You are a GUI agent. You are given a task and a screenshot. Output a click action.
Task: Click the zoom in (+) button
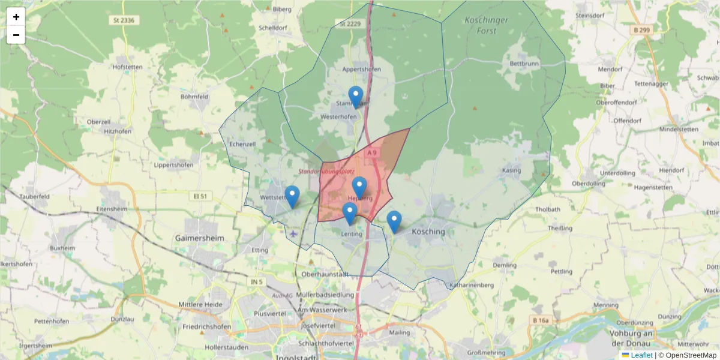pos(16,17)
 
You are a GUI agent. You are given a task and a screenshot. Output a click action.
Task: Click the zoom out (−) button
pos(16,35)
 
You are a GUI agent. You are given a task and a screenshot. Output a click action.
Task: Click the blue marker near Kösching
pos(394,221)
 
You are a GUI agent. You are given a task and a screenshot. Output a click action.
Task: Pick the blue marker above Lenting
pos(350,213)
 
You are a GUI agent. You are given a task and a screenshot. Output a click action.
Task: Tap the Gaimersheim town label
pos(199,238)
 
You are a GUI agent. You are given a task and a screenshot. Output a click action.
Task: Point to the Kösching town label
pos(429,232)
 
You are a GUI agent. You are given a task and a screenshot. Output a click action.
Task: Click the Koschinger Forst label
pos(486,25)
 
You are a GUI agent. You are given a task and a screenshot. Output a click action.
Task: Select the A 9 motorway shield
pos(372,153)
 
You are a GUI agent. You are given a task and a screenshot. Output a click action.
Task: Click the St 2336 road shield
pos(122,20)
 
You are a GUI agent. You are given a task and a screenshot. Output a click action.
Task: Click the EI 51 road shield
pos(200,196)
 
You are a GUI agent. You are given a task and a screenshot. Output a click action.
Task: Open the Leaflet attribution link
pos(641,355)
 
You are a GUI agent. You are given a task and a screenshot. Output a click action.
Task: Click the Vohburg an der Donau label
pos(694,338)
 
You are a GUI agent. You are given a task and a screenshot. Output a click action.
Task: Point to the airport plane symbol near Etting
pos(293,233)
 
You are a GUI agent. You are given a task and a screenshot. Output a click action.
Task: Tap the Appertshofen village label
pos(361,69)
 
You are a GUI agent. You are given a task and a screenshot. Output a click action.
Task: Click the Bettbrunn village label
pos(524,64)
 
